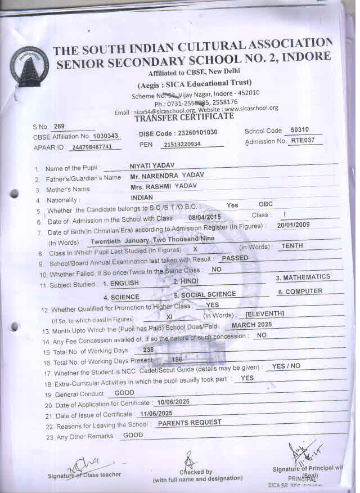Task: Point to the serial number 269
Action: point(60,126)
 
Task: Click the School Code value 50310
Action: point(299,131)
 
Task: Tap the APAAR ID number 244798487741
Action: point(96,147)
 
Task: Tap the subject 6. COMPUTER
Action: point(300,292)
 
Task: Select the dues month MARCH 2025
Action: point(252,325)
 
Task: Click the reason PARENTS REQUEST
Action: point(190,422)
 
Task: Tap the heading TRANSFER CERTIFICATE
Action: point(184,116)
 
